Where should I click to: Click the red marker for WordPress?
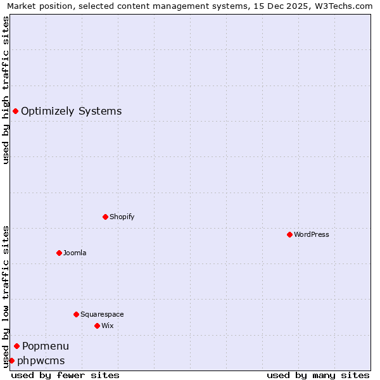289,234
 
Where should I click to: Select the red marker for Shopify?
105,217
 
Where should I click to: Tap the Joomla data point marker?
59,253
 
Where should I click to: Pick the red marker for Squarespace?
76,314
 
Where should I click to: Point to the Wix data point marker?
97,326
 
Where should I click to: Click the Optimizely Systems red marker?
15,111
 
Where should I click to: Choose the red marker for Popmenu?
16,346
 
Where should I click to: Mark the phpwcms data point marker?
11,360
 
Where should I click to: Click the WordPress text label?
312,234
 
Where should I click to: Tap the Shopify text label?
122,217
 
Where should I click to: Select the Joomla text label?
75,253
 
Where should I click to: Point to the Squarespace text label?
102,314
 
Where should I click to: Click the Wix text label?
108,326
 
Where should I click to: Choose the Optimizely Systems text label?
72,111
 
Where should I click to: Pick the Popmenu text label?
46,346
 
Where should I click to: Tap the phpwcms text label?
41,360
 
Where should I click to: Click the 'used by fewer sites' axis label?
65,375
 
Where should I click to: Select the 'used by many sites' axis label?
318,375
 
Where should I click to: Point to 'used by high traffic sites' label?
6,90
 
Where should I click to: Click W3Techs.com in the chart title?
346,6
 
